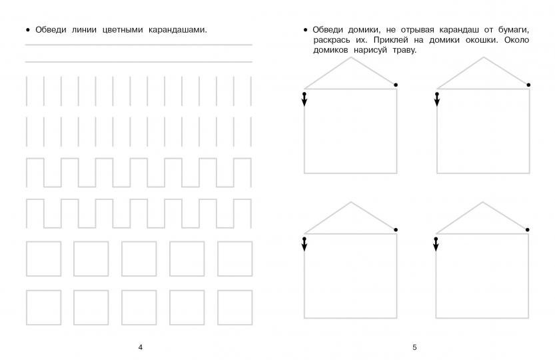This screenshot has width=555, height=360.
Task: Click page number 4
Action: point(140,347)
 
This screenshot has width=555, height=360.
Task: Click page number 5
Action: point(414,347)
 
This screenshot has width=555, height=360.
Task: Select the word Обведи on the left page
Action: point(51,30)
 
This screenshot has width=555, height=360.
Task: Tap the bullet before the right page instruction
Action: point(304,30)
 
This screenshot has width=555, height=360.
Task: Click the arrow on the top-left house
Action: point(304,100)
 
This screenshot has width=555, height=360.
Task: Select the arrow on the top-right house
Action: point(436,100)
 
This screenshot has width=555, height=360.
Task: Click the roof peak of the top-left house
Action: point(350,57)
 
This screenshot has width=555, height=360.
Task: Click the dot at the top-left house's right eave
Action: point(396,85)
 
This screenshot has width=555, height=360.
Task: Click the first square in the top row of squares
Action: point(43,259)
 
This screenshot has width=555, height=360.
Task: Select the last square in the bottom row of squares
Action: point(235,307)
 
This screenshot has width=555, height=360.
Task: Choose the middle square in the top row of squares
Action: point(139,259)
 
